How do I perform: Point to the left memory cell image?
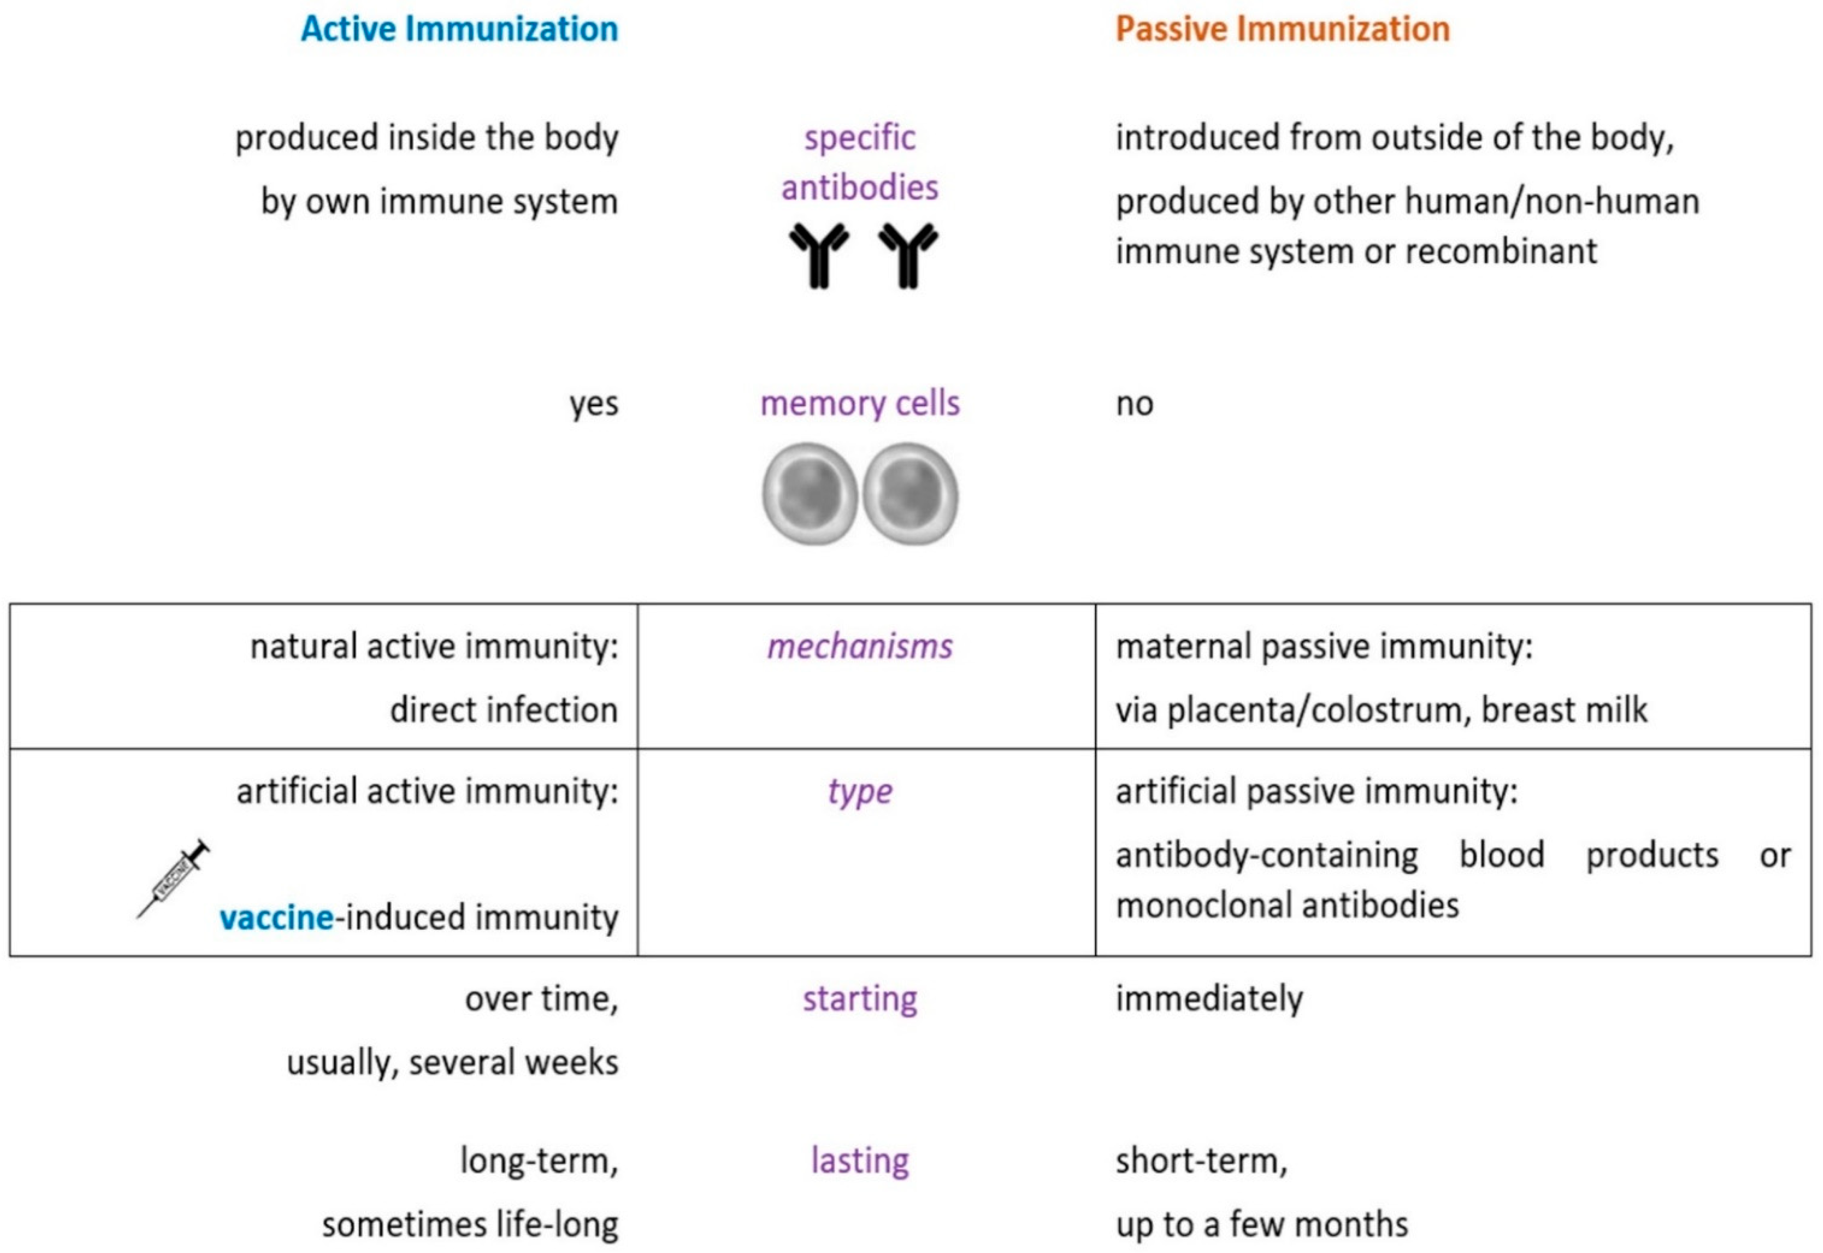pos(809,493)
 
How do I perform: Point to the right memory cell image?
pos(910,493)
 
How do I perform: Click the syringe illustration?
pos(174,877)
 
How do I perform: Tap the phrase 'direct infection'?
pos(504,710)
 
